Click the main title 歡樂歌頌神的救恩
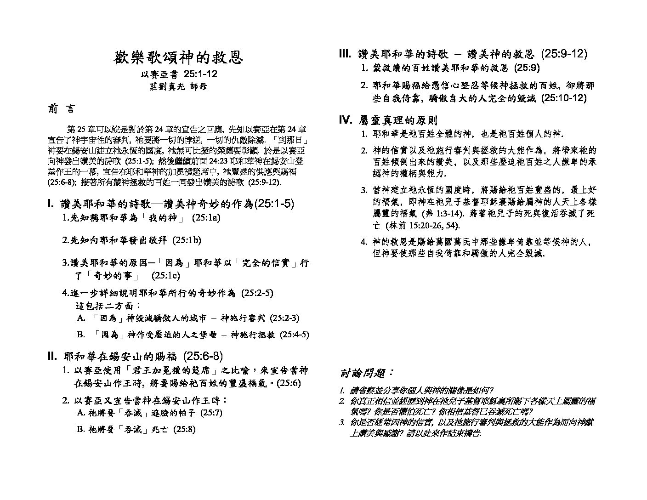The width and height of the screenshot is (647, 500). pos(178,57)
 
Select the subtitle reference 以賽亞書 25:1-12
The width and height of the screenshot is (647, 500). pos(179,74)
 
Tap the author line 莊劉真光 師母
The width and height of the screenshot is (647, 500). pos(179,86)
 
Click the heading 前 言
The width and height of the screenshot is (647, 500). pos(61,109)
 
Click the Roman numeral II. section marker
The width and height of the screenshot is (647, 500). pos(52,356)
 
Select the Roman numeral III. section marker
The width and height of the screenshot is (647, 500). pos(345,54)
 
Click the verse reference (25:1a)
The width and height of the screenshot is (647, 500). pos(206,217)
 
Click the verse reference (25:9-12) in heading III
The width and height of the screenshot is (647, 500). pos(564,54)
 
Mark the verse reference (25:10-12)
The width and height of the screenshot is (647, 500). pos(564,98)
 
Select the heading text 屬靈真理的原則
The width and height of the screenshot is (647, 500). pos(398,120)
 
